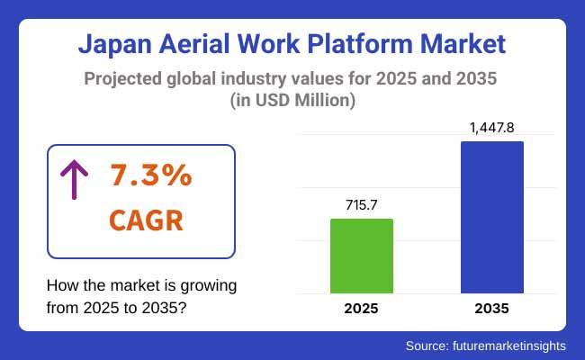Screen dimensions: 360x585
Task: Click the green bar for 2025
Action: pos(362,256)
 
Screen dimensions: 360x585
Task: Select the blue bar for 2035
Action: pos(491,217)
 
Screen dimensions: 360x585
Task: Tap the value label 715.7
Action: pos(362,206)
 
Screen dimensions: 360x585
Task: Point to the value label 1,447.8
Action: pos(491,129)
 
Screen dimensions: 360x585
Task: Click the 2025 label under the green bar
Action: pos(362,309)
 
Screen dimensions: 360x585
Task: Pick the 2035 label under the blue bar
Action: pos(491,309)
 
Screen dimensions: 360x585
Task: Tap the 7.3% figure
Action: pos(151,176)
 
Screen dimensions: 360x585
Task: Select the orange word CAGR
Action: pos(148,220)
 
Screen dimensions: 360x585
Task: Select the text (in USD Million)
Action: pos(292,102)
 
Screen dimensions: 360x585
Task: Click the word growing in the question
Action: pos(207,286)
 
